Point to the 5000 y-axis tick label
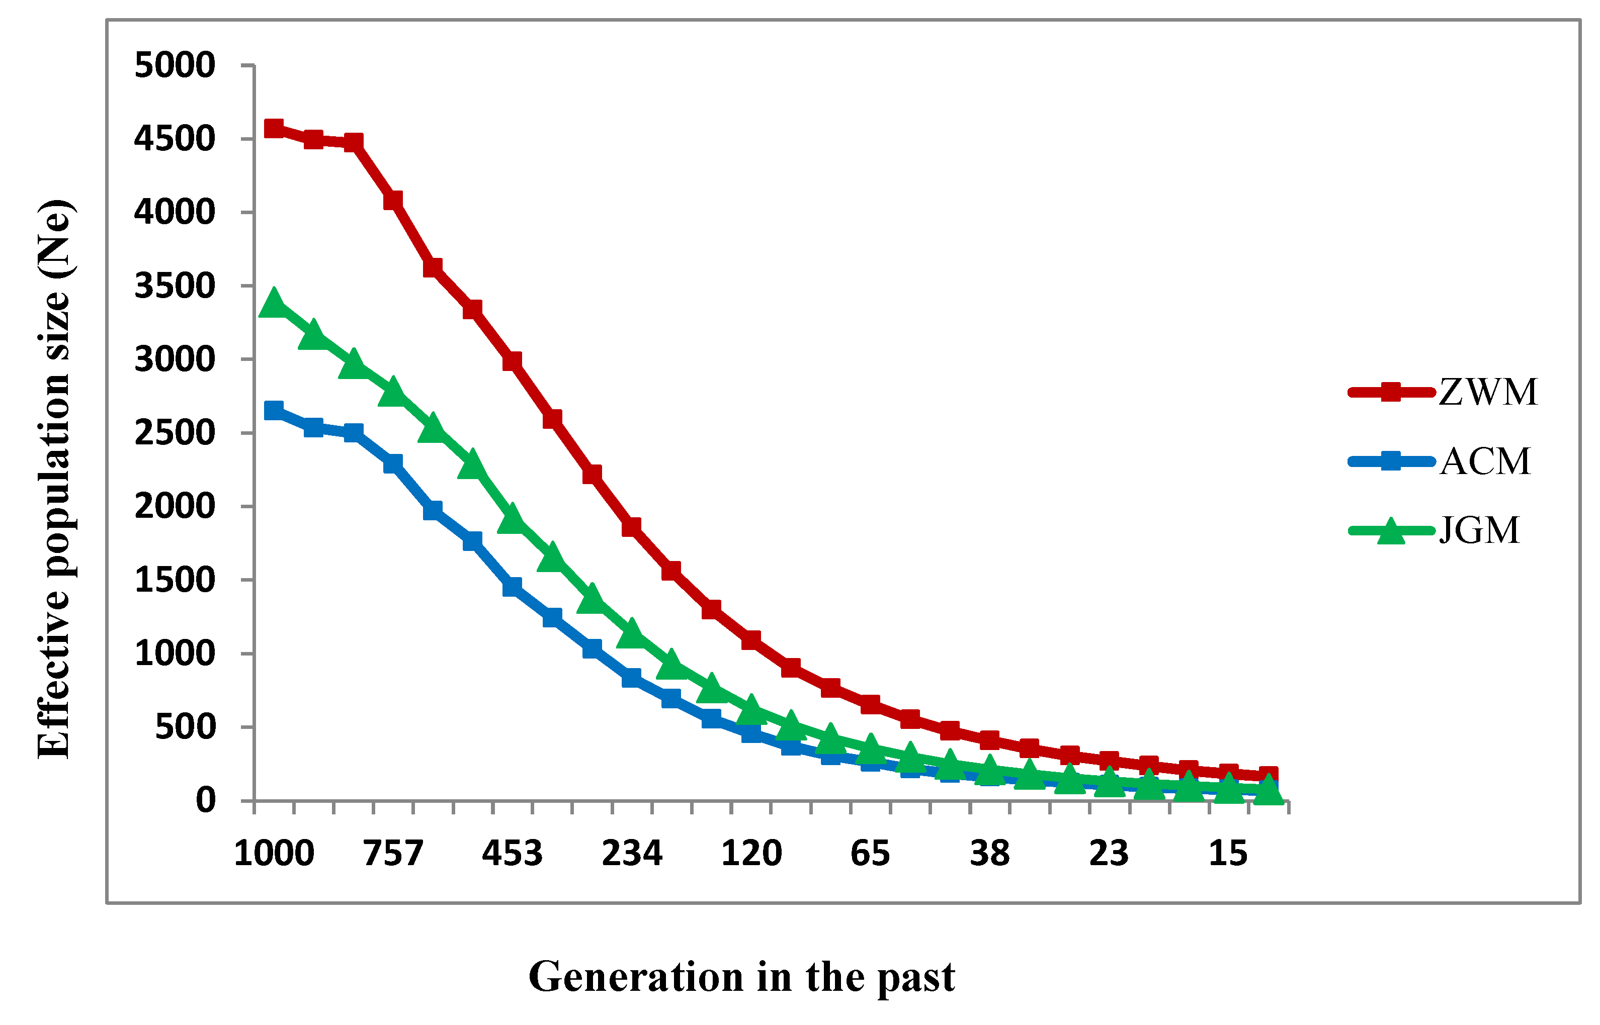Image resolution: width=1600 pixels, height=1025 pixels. pyautogui.click(x=175, y=65)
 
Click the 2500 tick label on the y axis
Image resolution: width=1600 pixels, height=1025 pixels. pyautogui.click(x=175, y=433)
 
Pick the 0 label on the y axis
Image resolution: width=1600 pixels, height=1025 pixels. pyautogui.click(x=205, y=800)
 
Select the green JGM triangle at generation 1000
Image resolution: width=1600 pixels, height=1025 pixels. pyautogui.click(x=274, y=304)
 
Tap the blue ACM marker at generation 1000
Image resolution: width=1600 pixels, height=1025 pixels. pyautogui.click(x=274, y=410)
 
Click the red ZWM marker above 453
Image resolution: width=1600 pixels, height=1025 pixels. pyautogui.click(x=512, y=361)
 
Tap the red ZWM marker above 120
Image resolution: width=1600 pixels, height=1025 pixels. pyautogui.click(x=751, y=639)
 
